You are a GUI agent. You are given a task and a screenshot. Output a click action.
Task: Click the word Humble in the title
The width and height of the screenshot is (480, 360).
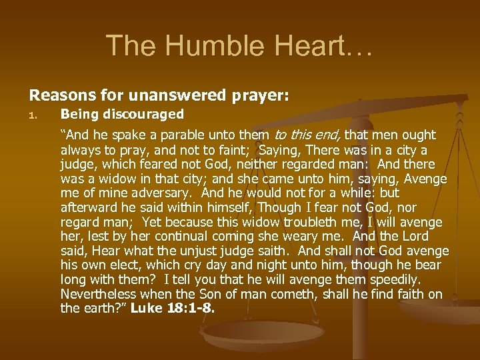[198, 45]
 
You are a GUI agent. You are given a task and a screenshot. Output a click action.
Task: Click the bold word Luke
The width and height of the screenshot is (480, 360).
[148, 309]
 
